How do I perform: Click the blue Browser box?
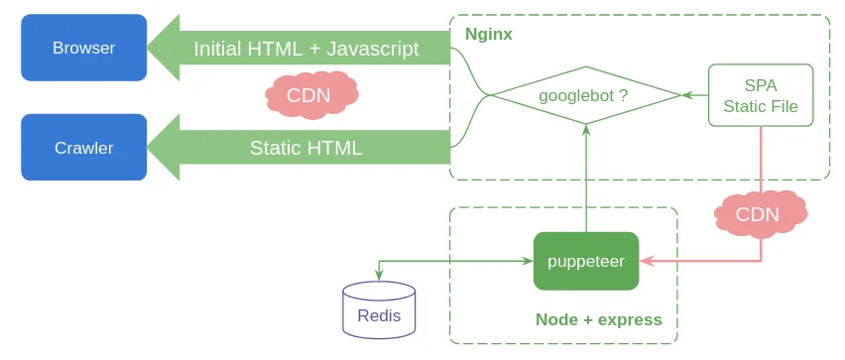(84, 48)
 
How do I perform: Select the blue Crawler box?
(84, 147)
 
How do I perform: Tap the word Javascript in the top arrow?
(372, 49)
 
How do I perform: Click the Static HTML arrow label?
(305, 148)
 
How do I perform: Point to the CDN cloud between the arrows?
(311, 95)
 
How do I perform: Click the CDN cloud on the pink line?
(761, 214)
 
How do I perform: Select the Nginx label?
(488, 35)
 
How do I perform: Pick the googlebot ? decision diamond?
(585, 95)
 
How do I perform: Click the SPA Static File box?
(761, 95)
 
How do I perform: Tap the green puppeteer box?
(586, 262)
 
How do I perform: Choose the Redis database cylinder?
(379, 309)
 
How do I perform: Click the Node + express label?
(599, 319)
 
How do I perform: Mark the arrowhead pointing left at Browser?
(164, 48)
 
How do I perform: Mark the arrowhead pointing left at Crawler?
(164, 147)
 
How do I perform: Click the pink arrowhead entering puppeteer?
(646, 262)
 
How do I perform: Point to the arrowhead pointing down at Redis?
(379, 276)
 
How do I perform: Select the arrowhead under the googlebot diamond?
(586, 130)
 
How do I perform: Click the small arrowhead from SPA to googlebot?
(687, 95)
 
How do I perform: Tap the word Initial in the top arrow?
(217, 49)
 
